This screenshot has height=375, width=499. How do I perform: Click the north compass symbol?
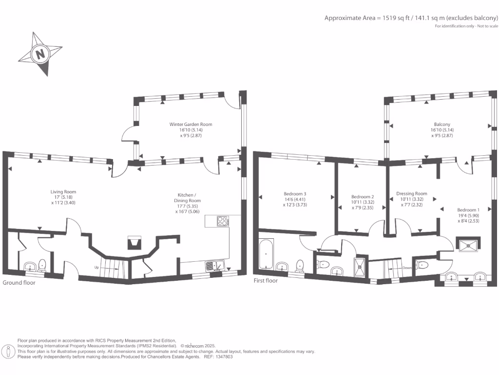(40, 53)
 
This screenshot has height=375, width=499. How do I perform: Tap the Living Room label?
(63, 192)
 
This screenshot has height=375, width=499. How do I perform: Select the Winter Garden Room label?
(191, 125)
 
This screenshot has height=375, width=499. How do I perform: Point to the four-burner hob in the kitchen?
(223, 221)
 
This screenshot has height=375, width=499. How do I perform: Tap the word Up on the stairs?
(97, 267)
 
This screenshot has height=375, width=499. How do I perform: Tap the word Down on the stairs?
(408, 268)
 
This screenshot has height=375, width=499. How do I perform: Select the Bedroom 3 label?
(295, 194)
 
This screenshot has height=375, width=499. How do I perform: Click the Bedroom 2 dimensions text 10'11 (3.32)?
(363, 202)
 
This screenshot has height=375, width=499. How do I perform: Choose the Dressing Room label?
(412, 194)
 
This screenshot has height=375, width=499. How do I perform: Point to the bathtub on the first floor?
(266, 254)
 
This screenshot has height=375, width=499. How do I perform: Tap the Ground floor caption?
(19, 283)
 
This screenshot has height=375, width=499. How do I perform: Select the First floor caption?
(266, 281)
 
